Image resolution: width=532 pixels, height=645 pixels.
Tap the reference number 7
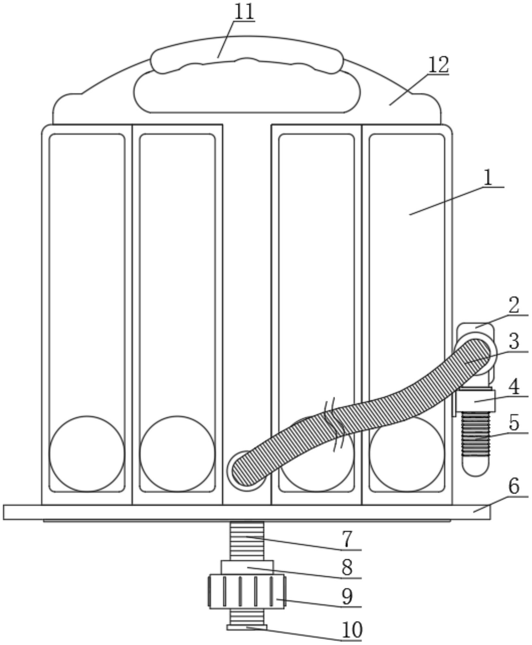tap(347, 539)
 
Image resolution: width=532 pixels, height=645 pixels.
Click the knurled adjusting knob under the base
tap(247, 591)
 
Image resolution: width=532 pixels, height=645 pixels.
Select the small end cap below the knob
tap(247, 627)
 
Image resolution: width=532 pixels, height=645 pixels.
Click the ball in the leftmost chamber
tap(87, 454)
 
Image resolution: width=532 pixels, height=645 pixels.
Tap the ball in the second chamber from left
tap(177, 454)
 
